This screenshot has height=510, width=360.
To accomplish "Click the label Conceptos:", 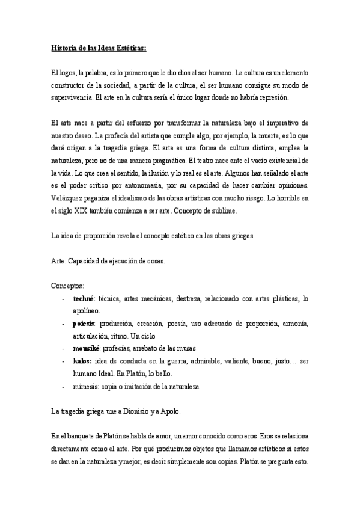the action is coord(68,286).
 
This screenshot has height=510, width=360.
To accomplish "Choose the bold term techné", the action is coord(84,299).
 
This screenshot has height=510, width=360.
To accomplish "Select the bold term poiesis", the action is coord(84,324).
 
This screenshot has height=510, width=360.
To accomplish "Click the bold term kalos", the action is coord(82,361).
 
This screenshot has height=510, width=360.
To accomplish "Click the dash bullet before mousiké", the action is coord(64,349).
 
